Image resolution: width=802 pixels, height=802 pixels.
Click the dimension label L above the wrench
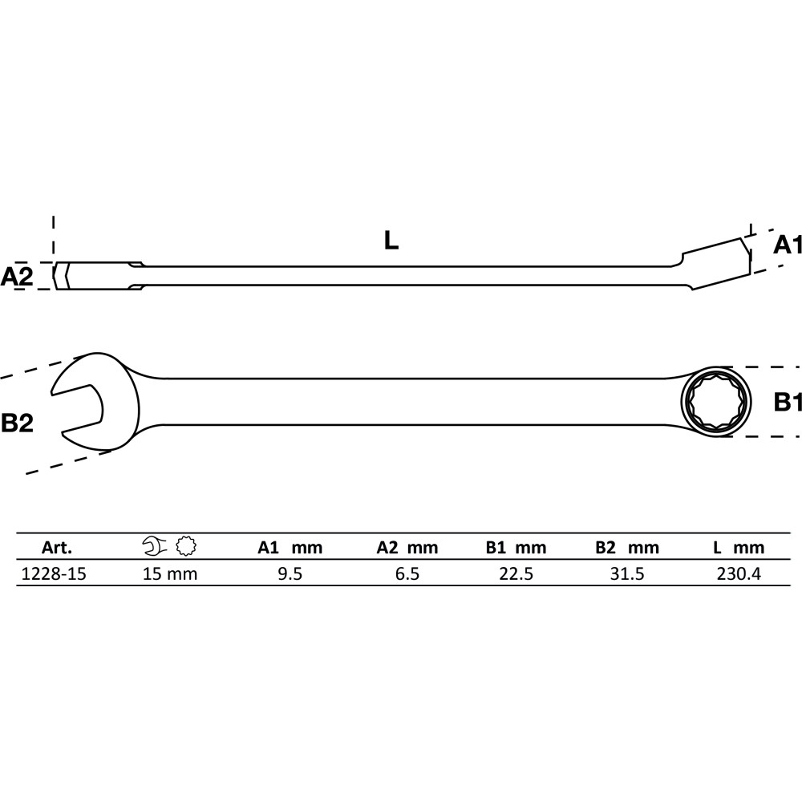point(391,241)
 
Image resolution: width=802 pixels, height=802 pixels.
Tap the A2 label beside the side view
point(16,276)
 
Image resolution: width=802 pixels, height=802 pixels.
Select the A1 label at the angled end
point(787,245)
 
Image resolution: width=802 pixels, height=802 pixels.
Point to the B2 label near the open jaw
point(17,423)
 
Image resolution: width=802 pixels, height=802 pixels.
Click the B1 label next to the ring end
point(788,402)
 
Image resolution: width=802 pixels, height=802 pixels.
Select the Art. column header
point(57,548)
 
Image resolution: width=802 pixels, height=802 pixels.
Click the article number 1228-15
point(54,574)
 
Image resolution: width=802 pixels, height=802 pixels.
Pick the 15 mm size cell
point(170,574)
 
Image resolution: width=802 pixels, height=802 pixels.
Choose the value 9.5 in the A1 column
point(290,574)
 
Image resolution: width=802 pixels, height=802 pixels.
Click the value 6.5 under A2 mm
point(407,574)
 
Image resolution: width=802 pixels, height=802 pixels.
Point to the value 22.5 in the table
point(516,574)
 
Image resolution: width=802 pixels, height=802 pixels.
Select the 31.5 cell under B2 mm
point(627,574)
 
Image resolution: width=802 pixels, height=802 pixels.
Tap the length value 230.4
point(739,574)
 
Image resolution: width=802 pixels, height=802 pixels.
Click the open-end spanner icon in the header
point(155,546)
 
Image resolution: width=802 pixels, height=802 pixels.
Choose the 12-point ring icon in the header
point(186,546)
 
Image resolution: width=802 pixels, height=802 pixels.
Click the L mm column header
point(739,548)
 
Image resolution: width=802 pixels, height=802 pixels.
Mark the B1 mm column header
point(516,548)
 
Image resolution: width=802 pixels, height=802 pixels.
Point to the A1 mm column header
point(290,548)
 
